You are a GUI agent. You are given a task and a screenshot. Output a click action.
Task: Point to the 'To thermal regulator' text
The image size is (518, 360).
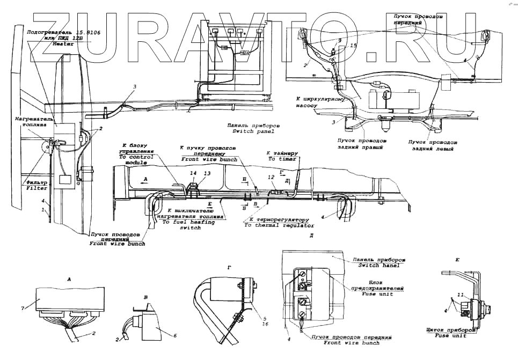[279, 225]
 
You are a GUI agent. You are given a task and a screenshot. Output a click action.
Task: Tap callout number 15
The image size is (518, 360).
[353, 46]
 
